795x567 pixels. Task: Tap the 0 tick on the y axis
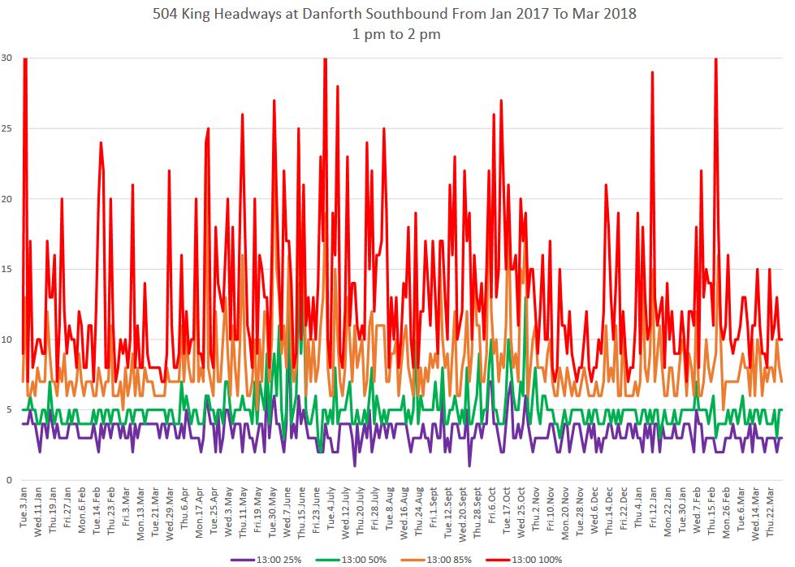[8, 480]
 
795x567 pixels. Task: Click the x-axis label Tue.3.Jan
[24, 510]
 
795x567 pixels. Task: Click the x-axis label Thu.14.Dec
[609, 509]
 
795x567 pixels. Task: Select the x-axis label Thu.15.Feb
[711, 509]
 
